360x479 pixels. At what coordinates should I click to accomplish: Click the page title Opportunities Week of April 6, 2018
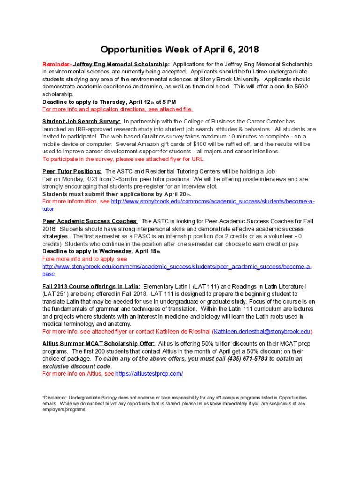coord(180,50)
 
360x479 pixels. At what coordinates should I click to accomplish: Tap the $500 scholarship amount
coord(301,87)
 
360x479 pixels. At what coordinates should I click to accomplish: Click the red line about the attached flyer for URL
coord(123,159)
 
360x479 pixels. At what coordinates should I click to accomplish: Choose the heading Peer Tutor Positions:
coord(72,171)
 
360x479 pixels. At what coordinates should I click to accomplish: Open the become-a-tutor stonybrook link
coord(213,201)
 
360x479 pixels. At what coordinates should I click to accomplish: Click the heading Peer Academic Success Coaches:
coord(90,221)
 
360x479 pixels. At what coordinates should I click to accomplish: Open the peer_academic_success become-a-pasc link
coord(177,267)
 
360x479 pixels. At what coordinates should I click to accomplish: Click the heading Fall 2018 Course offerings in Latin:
coord(91,286)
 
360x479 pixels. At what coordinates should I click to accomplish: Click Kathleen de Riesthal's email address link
coord(262,332)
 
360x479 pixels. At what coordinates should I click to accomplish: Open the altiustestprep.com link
coord(149,374)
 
